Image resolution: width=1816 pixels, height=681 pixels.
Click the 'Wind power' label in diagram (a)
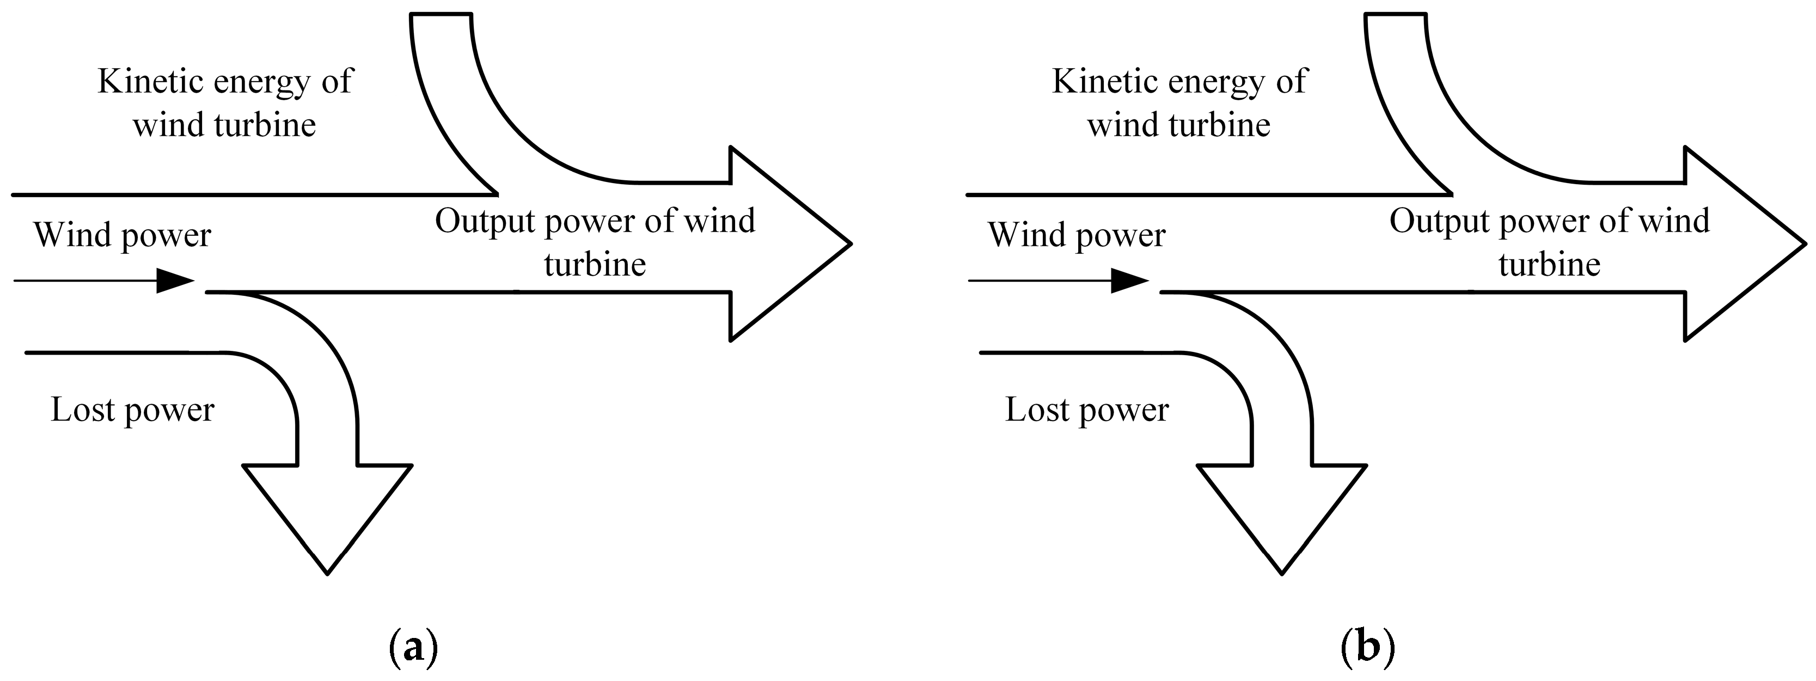122,235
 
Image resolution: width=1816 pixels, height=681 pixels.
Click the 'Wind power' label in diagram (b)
1077,235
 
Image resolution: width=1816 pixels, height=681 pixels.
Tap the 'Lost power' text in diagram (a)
132,410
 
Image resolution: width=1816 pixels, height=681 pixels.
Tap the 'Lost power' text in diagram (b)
1086,410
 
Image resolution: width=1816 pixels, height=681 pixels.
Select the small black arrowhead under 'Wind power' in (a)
175,281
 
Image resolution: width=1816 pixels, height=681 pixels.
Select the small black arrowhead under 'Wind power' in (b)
1129,281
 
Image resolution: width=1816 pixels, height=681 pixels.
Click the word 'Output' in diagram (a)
485,221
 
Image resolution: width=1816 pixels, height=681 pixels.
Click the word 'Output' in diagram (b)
1440,221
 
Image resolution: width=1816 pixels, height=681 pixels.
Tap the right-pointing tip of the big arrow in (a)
849,244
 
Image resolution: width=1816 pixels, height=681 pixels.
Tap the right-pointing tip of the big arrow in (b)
1804,244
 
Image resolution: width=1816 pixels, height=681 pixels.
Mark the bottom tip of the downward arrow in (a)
328,571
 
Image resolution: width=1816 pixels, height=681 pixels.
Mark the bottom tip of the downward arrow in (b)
1282,571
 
